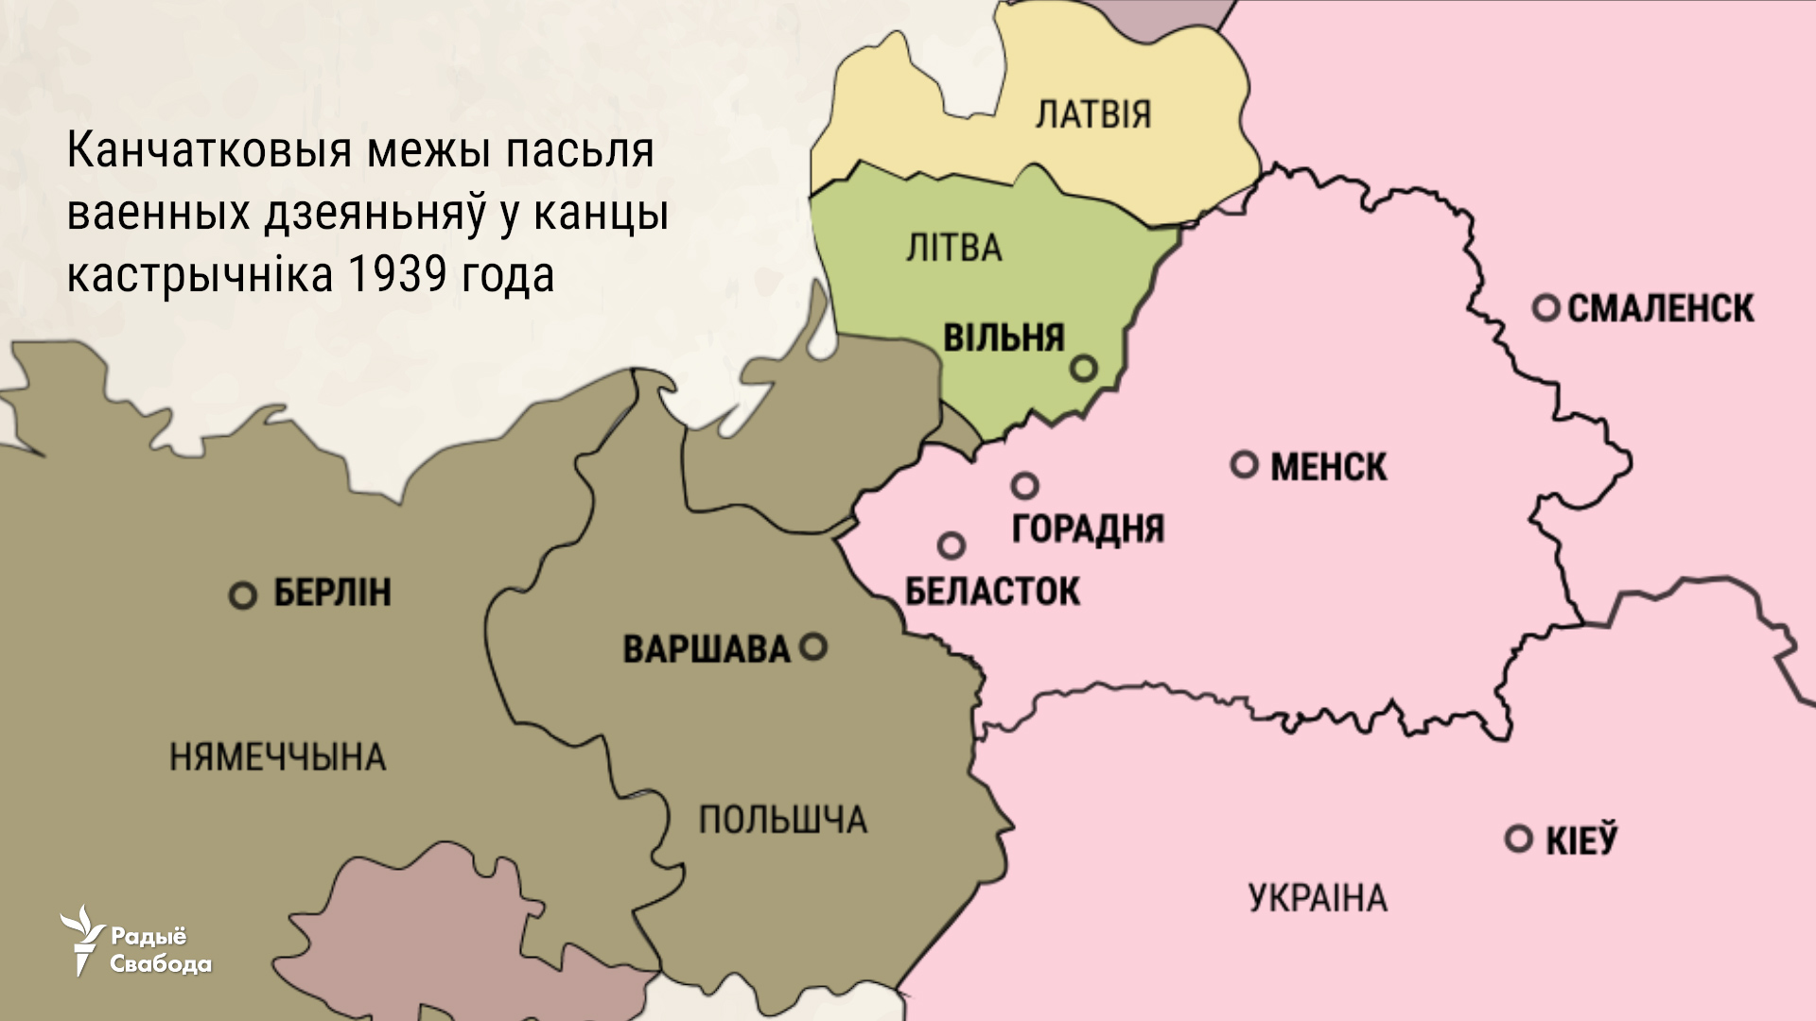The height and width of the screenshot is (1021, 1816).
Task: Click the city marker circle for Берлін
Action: click(243, 596)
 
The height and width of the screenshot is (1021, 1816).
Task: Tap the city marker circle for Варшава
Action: click(813, 647)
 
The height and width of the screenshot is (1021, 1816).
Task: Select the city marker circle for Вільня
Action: click(1084, 367)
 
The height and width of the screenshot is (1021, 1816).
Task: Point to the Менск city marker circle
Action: click(1245, 464)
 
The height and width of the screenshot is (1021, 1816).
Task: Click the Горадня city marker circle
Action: click(1025, 486)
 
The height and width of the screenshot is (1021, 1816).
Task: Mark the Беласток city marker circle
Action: click(952, 545)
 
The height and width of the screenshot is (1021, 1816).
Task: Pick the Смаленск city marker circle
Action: click(1546, 307)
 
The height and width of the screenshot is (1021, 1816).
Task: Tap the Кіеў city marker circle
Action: click(1519, 839)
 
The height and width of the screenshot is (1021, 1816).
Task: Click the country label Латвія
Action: click(1093, 114)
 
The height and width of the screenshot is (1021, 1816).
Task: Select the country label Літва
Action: click(953, 249)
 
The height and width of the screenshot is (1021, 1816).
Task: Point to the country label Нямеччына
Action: click(277, 757)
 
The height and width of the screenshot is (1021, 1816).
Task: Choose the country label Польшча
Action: click(782, 820)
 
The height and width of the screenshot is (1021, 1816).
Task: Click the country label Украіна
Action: click(1318, 897)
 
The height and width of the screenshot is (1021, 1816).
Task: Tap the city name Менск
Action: click(1328, 466)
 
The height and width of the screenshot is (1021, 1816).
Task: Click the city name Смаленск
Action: click(1660, 308)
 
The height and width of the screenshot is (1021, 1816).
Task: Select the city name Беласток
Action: click(992, 592)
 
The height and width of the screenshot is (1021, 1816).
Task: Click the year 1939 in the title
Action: click(396, 275)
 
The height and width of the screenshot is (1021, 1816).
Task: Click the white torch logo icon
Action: click(83, 939)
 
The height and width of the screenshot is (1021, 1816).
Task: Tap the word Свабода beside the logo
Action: click(161, 964)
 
